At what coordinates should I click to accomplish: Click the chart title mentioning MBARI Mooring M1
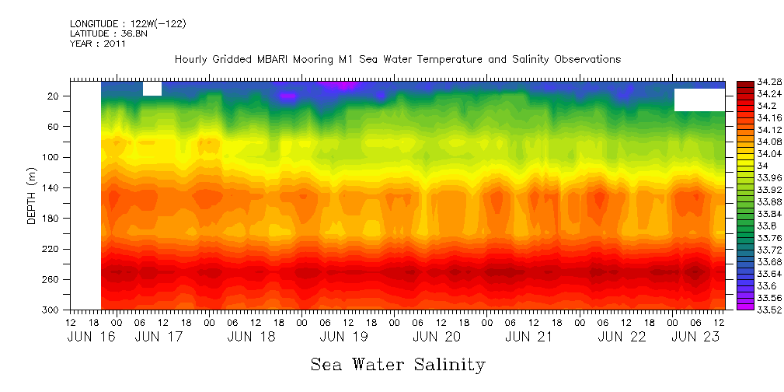(397, 60)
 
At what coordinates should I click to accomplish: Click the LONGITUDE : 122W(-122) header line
(127, 24)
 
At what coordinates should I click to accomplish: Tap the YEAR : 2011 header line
(97, 44)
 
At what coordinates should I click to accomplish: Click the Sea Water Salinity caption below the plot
(398, 364)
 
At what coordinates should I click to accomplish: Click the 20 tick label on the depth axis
(54, 96)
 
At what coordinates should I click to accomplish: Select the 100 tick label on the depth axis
(51, 157)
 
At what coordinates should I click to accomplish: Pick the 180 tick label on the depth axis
(51, 219)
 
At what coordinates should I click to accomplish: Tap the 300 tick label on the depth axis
(51, 310)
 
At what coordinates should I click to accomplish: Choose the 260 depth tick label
(51, 279)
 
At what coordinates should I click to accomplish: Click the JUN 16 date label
(85, 337)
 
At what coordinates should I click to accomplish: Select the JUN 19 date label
(343, 337)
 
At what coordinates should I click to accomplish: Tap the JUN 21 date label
(528, 337)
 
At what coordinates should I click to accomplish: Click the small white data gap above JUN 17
(152, 89)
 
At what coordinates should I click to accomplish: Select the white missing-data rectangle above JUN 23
(699, 100)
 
